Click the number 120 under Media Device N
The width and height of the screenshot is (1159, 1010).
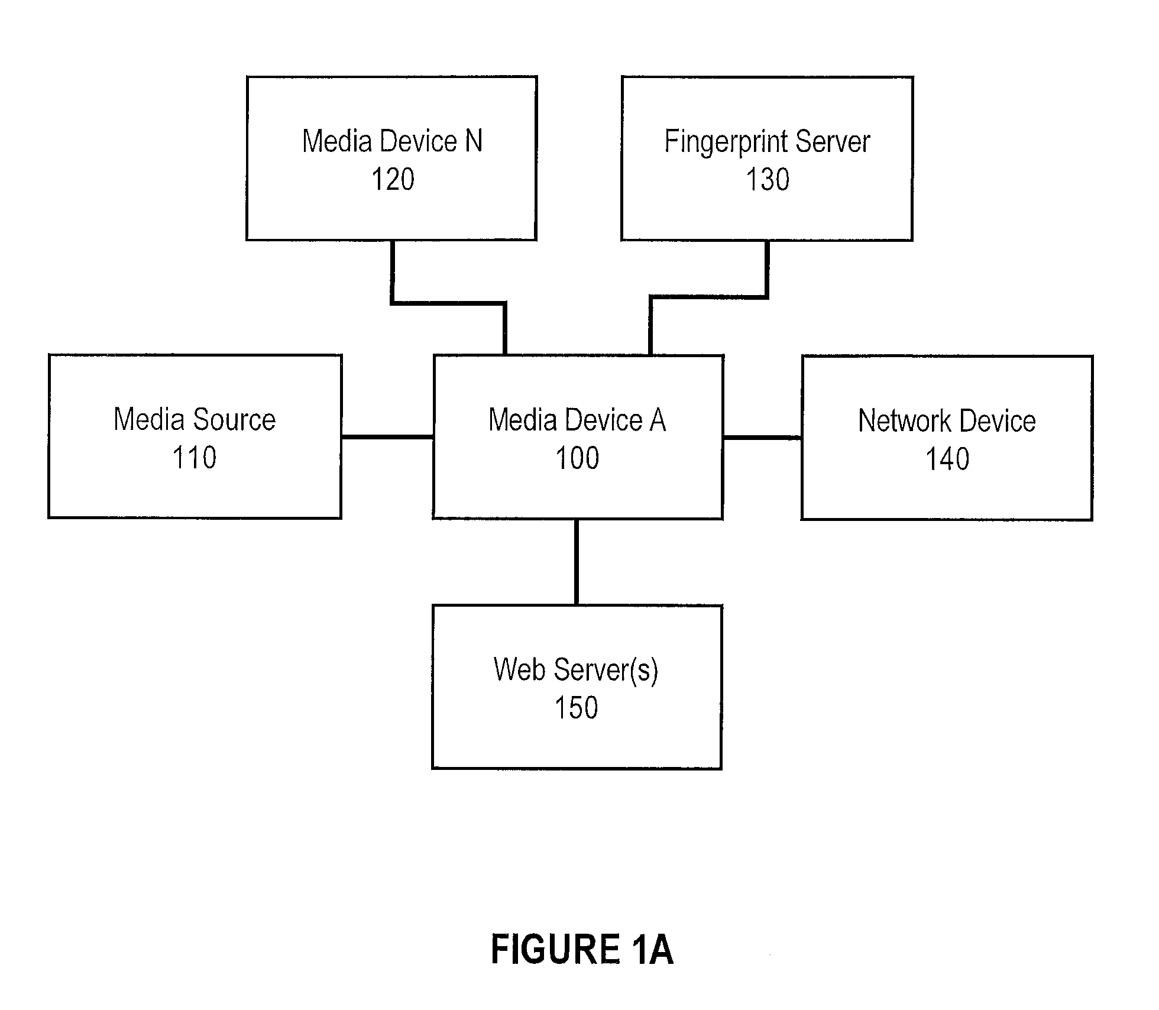pyautogui.click(x=393, y=179)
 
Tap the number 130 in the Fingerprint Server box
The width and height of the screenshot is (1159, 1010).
pyautogui.click(x=768, y=179)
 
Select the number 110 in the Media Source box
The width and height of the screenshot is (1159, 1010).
pyautogui.click(x=195, y=458)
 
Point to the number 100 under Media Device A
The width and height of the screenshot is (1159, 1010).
pyautogui.click(x=577, y=458)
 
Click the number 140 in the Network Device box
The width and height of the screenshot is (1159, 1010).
pyautogui.click(x=947, y=459)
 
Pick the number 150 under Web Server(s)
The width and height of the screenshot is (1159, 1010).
pyautogui.click(x=577, y=708)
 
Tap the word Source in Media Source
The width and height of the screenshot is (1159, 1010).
pyautogui.click(x=234, y=419)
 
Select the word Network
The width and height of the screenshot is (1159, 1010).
pyautogui.click(x=905, y=421)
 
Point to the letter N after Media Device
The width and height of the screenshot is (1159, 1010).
pyautogui.click(x=474, y=141)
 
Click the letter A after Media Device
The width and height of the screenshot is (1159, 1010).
pyautogui.click(x=658, y=420)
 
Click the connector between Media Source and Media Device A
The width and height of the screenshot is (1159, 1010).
pyautogui.click(x=387, y=437)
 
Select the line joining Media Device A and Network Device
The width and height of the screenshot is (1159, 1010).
pyautogui.click(x=762, y=438)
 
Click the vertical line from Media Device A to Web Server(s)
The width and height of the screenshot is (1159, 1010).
pyautogui.click(x=577, y=562)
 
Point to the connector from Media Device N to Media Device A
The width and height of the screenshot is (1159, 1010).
pyautogui.click(x=448, y=303)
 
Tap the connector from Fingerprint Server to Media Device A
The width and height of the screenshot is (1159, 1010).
pyautogui.click(x=709, y=296)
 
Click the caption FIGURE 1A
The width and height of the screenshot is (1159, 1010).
pyautogui.click(x=582, y=949)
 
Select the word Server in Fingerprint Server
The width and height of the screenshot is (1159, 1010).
pyautogui.click(x=833, y=141)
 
